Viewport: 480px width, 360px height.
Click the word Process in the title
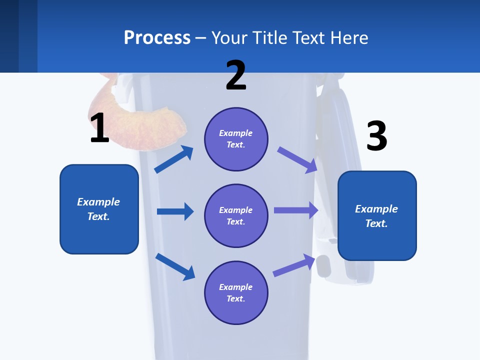(x=157, y=38)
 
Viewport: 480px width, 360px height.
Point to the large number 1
(x=99, y=128)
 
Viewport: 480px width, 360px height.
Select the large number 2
(x=236, y=75)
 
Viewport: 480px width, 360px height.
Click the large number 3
(x=376, y=136)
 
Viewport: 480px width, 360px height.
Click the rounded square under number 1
(x=99, y=209)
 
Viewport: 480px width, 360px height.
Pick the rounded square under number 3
(x=377, y=215)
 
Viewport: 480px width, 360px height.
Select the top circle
(x=236, y=139)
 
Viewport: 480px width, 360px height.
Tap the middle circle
(x=236, y=215)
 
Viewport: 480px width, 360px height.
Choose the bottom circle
(x=236, y=292)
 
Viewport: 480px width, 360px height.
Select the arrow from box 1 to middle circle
(x=175, y=211)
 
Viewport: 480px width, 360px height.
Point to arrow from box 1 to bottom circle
(x=175, y=266)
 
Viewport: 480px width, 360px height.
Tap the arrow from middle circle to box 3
(x=296, y=210)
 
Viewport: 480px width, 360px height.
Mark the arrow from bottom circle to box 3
(x=294, y=265)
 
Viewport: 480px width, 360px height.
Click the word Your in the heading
(x=228, y=38)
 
